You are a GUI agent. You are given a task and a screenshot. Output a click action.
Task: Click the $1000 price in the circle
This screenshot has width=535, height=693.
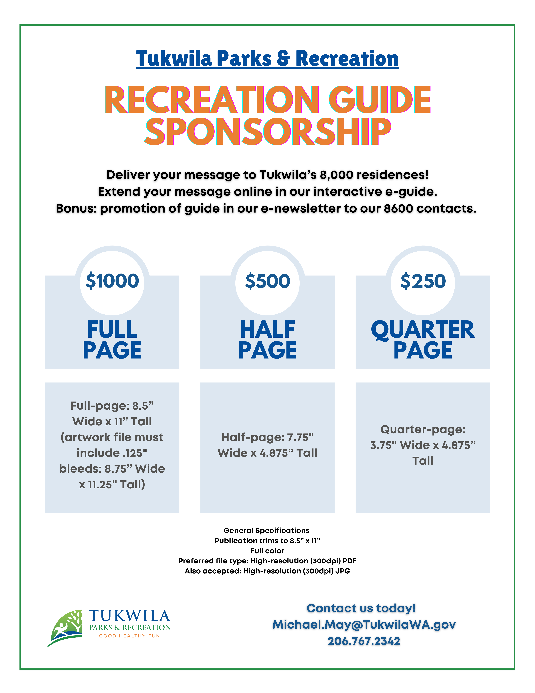tap(112, 281)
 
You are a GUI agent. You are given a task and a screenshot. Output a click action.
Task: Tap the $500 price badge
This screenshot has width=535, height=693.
tap(267, 281)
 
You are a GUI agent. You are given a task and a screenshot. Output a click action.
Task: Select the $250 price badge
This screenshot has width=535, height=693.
tap(423, 281)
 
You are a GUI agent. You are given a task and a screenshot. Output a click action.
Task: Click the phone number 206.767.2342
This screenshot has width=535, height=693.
tap(364, 641)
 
